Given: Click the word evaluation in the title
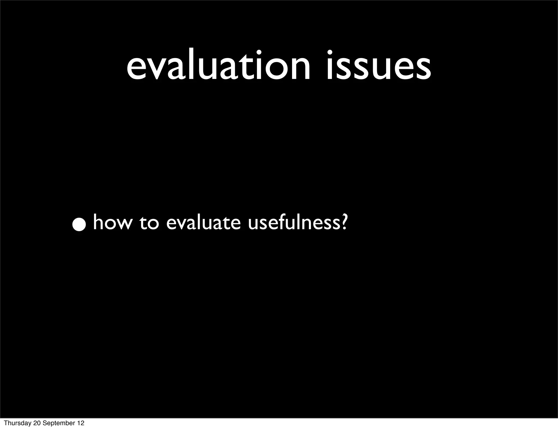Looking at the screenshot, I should click(218, 67).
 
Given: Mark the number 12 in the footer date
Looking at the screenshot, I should click(81, 423).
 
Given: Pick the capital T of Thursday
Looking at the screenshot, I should click(6, 423).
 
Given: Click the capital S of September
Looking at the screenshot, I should click(45, 423).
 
